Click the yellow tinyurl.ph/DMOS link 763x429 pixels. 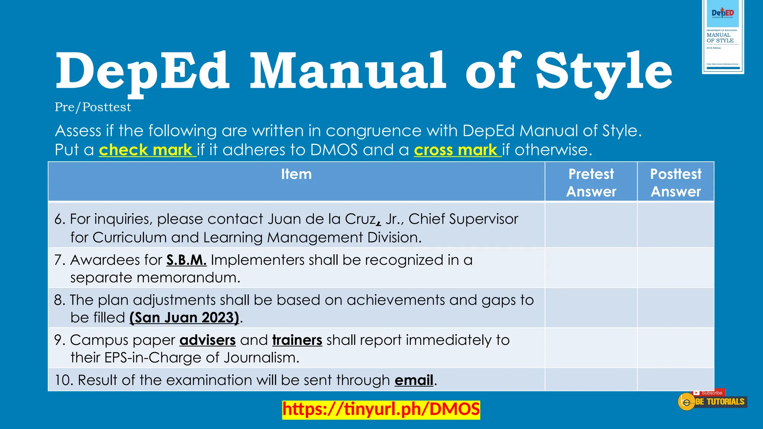(x=381, y=409)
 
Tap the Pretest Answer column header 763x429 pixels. (x=591, y=182)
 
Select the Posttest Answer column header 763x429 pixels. (x=675, y=182)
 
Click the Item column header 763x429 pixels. (x=296, y=174)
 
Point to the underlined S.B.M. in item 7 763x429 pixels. (x=186, y=260)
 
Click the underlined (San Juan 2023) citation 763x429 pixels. (x=184, y=318)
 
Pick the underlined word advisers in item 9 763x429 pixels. (x=208, y=340)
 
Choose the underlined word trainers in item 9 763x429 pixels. (x=297, y=340)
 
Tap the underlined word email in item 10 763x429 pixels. (x=414, y=380)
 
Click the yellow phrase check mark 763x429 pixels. (x=147, y=150)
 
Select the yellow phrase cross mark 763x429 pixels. (x=458, y=150)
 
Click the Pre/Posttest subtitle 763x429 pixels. (x=93, y=107)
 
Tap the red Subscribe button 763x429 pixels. (x=709, y=393)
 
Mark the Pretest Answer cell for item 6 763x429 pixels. (x=591, y=225)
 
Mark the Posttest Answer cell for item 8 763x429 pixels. (x=675, y=308)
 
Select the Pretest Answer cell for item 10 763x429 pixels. (x=591, y=380)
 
